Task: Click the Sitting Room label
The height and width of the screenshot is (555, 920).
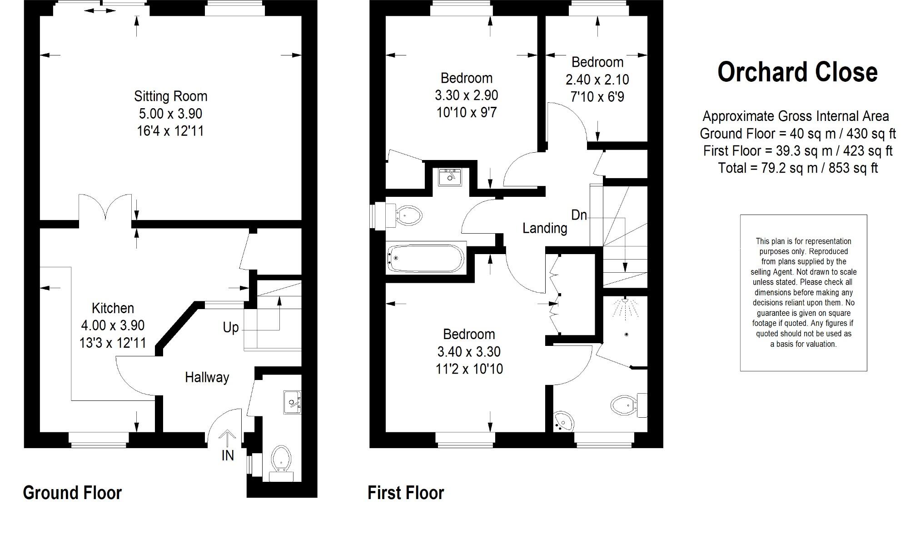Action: (x=170, y=96)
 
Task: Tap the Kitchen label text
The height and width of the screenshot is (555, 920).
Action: (x=113, y=308)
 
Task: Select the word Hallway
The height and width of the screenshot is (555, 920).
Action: (x=207, y=377)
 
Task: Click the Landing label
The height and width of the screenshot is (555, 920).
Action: (x=545, y=228)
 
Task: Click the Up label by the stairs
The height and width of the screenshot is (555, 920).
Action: (x=231, y=327)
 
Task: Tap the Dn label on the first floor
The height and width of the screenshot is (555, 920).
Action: (x=579, y=215)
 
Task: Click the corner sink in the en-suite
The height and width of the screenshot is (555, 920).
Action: (x=563, y=421)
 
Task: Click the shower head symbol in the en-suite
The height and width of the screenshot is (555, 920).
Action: (x=625, y=306)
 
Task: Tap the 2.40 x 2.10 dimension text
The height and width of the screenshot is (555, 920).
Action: (x=597, y=80)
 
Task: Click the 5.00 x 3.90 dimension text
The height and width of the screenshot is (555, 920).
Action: (x=170, y=114)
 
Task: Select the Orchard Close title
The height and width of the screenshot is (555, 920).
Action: (x=797, y=72)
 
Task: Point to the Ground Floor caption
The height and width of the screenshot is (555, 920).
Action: (x=72, y=493)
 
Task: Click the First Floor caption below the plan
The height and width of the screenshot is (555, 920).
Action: (x=405, y=493)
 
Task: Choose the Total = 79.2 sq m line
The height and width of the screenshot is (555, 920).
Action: (x=797, y=168)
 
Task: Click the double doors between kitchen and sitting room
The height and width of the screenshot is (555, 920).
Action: (x=105, y=209)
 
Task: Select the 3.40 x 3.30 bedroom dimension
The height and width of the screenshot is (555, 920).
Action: (x=469, y=352)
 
